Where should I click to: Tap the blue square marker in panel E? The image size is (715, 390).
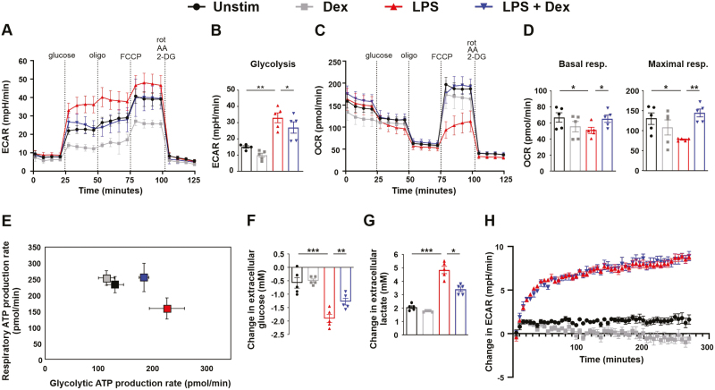click(143, 277)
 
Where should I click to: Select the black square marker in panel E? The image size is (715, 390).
click(115, 284)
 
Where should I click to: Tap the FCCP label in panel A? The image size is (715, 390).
click(130, 55)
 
